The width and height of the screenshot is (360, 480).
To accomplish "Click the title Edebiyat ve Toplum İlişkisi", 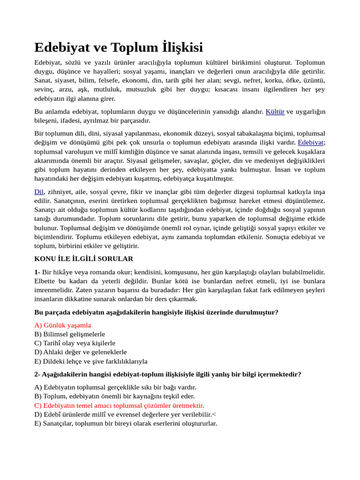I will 119,47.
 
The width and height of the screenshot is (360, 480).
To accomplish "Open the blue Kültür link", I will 275,112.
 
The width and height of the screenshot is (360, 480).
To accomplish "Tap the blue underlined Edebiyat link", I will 311,142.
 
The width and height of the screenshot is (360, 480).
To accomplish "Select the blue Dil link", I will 39,192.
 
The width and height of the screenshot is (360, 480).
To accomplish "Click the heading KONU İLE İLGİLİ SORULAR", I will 84,259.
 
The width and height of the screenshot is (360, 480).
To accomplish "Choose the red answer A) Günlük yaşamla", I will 63,325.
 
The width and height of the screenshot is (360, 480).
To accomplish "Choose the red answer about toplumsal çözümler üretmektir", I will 119,405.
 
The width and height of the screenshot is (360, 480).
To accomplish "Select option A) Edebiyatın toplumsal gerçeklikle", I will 115,387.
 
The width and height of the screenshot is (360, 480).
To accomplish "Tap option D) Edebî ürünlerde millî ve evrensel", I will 125,414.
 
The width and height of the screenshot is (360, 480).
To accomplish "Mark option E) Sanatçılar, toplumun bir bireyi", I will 126,423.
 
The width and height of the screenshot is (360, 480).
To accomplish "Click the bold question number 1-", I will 37,272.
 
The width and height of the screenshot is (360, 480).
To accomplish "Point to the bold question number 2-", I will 37,374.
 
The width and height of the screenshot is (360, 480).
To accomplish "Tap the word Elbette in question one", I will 45,281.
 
